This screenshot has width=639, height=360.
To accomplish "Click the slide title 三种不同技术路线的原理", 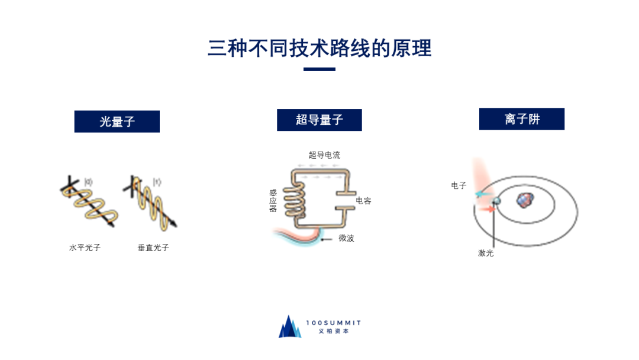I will coord(319,48).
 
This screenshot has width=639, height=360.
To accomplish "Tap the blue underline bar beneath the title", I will coord(319,69).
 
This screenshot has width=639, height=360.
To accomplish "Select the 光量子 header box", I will coord(117,121).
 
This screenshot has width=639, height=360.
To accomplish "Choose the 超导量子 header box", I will coord(319,120).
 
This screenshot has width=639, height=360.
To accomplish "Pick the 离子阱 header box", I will coord(522,119).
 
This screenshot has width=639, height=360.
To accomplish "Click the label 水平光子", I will coord(85,247).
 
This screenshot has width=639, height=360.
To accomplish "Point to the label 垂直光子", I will coord(153,247).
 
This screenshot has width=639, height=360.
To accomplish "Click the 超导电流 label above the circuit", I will coord(324,155).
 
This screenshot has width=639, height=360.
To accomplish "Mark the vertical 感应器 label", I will coord(273,200).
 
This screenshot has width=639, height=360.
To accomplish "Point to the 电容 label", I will coord(363,201).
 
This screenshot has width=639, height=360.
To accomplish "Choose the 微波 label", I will coord(346,238).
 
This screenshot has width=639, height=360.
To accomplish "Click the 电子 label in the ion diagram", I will coord(459,185).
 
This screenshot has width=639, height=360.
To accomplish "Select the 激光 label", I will coord(486,253).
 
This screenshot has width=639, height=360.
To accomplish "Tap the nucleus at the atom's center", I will coord(524,200).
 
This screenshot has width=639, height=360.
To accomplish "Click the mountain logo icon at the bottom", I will coord(290,327).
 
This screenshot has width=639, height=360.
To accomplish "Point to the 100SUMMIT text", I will coord(334,323).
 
